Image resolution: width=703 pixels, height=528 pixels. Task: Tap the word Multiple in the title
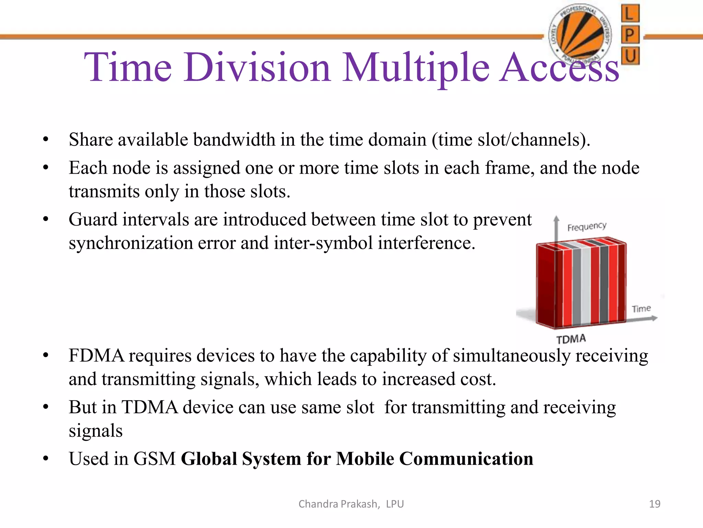click(x=416, y=68)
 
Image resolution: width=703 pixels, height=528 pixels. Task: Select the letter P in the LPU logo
click(x=630, y=35)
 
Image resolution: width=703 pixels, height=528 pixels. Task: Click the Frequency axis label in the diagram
click(x=587, y=227)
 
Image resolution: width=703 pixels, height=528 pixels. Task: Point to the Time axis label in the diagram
click(x=641, y=309)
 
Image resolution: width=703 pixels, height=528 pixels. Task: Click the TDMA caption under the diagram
click(x=571, y=339)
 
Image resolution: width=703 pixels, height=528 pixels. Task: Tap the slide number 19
click(x=655, y=504)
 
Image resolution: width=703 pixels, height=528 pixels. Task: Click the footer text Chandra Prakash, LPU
click(x=351, y=504)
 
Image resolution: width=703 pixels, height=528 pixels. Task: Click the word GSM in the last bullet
click(x=154, y=459)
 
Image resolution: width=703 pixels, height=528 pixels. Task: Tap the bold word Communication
click(x=466, y=459)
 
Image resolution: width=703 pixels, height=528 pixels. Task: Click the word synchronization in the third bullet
click(x=130, y=243)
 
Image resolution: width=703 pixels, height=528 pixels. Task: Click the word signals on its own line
click(x=95, y=431)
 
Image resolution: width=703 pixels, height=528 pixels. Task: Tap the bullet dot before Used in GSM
click(x=46, y=459)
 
